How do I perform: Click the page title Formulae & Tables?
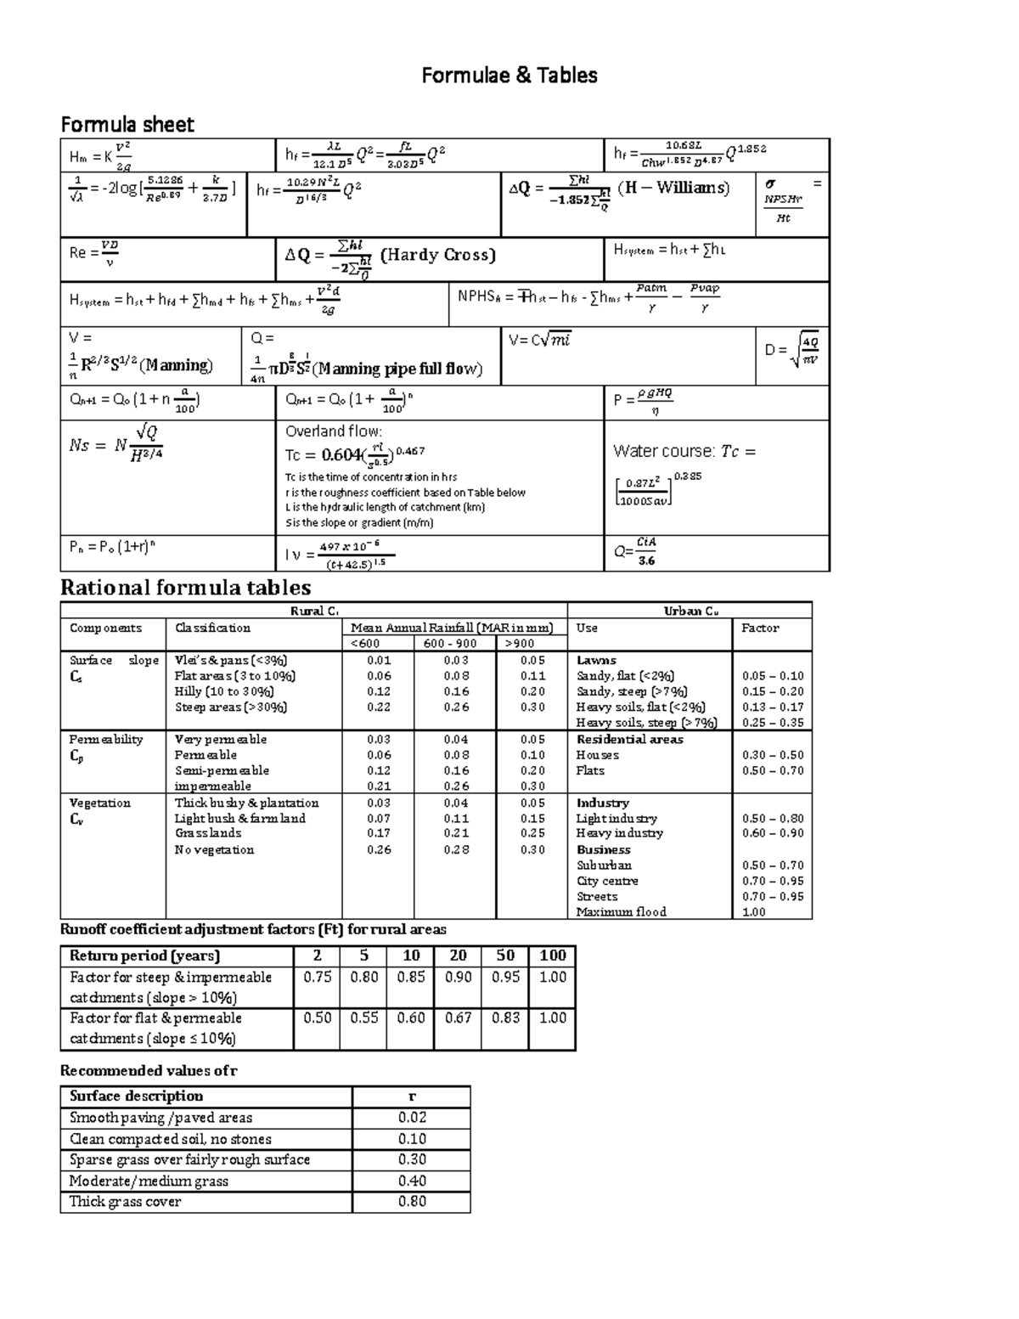pyautogui.click(x=509, y=76)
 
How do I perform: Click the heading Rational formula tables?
pyautogui.click(x=185, y=588)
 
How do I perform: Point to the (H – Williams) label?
pyautogui.click(x=673, y=188)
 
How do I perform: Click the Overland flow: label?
pyautogui.click(x=334, y=431)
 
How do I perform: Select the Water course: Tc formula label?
pyautogui.click(x=684, y=451)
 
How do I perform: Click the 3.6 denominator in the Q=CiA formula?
pyautogui.click(x=646, y=561)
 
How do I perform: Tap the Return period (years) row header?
pyautogui.click(x=144, y=955)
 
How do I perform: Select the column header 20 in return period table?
pyautogui.click(x=458, y=955)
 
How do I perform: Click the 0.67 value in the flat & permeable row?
pyautogui.click(x=458, y=1017)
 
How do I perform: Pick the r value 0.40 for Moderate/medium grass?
pyautogui.click(x=412, y=1181)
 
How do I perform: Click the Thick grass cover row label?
pyautogui.click(x=125, y=1202)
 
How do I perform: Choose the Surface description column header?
pyautogui.click(x=136, y=1096)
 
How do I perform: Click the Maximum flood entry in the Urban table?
pyautogui.click(x=621, y=912)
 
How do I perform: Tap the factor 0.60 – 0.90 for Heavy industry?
pyautogui.click(x=772, y=833)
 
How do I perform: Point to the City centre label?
pyautogui.click(x=607, y=881)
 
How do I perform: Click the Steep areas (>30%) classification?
pyautogui.click(x=231, y=707)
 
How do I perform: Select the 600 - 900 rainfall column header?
pyautogui.click(x=455, y=644)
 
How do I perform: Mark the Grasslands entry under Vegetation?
pyautogui.click(x=208, y=833)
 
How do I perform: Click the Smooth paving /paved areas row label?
pyautogui.click(x=160, y=1118)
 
